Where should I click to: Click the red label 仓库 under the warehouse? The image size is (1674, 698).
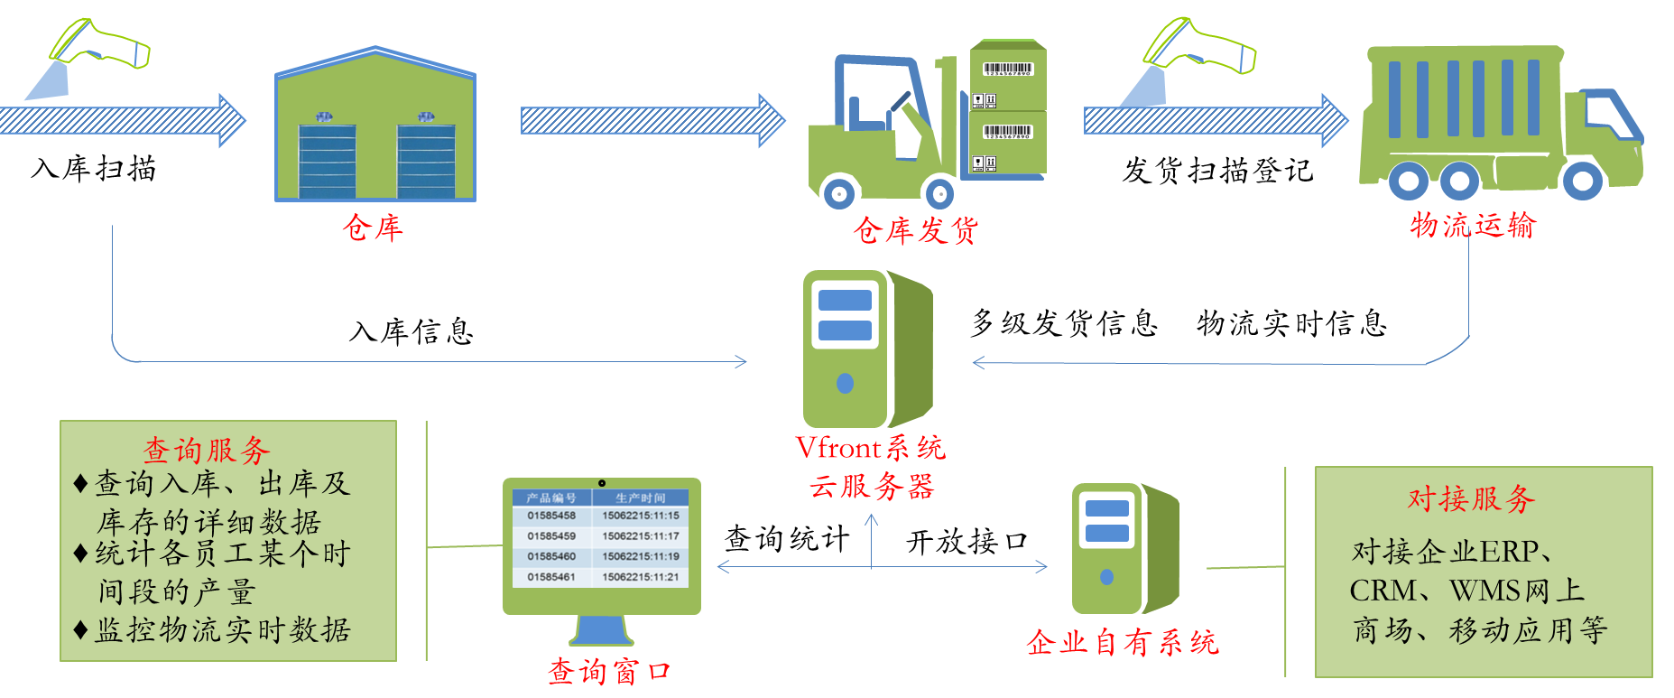tap(373, 228)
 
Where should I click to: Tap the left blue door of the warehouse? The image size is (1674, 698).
tap(327, 161)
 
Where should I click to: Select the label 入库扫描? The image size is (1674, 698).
tap(94, 168)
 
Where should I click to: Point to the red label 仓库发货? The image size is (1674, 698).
tap(916, 230)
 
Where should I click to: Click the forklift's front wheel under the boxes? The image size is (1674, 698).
tap(939, 192)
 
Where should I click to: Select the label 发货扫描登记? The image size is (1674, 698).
tap(1217, 170)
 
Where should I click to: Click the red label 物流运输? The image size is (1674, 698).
tap(1473, 225)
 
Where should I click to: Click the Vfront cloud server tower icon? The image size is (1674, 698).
tap(867, 349)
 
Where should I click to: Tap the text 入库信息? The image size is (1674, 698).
tap(412, 331)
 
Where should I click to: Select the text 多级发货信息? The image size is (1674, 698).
tap(1065, 322)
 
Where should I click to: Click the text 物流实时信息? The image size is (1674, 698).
tap(1292, 322)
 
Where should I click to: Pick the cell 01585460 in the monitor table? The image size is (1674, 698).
tap(551, 556)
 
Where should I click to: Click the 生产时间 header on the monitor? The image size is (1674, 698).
tap(640, 498)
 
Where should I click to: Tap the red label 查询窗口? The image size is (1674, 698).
tap(610, 671)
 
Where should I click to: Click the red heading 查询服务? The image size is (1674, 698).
tap(207, 450)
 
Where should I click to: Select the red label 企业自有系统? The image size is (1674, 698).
tap(1123, 642)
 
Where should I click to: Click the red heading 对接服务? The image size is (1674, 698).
tap(1472, 498)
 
